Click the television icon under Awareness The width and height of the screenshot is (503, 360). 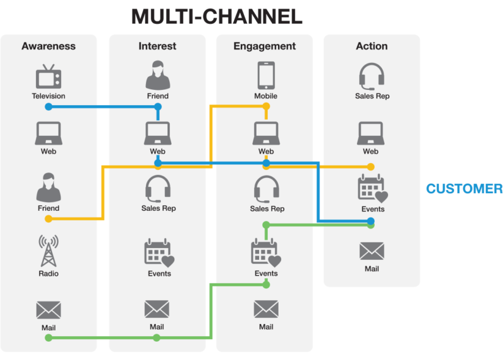(48, 77)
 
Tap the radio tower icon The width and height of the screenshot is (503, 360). (48, 251)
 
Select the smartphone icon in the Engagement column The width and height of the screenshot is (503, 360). (266, 76)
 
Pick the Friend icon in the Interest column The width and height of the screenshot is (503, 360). (158, 76)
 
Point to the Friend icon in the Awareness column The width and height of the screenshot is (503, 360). (48, 187)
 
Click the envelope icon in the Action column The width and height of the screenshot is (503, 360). (372, 251)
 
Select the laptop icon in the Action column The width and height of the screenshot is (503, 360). (371, 133)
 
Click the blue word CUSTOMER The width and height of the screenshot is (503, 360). (464, 189)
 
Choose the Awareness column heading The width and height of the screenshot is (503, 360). (48, 46)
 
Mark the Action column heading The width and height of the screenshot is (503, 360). (372, 46)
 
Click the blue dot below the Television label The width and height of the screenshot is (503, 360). (48, 107)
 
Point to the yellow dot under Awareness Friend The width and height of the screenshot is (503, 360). (48, 219)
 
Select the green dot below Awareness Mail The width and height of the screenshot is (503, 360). (48, 338)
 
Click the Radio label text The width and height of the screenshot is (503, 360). (48, 274)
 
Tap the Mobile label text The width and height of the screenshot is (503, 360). (266, 96)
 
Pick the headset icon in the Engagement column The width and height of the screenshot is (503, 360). (267, 189)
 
